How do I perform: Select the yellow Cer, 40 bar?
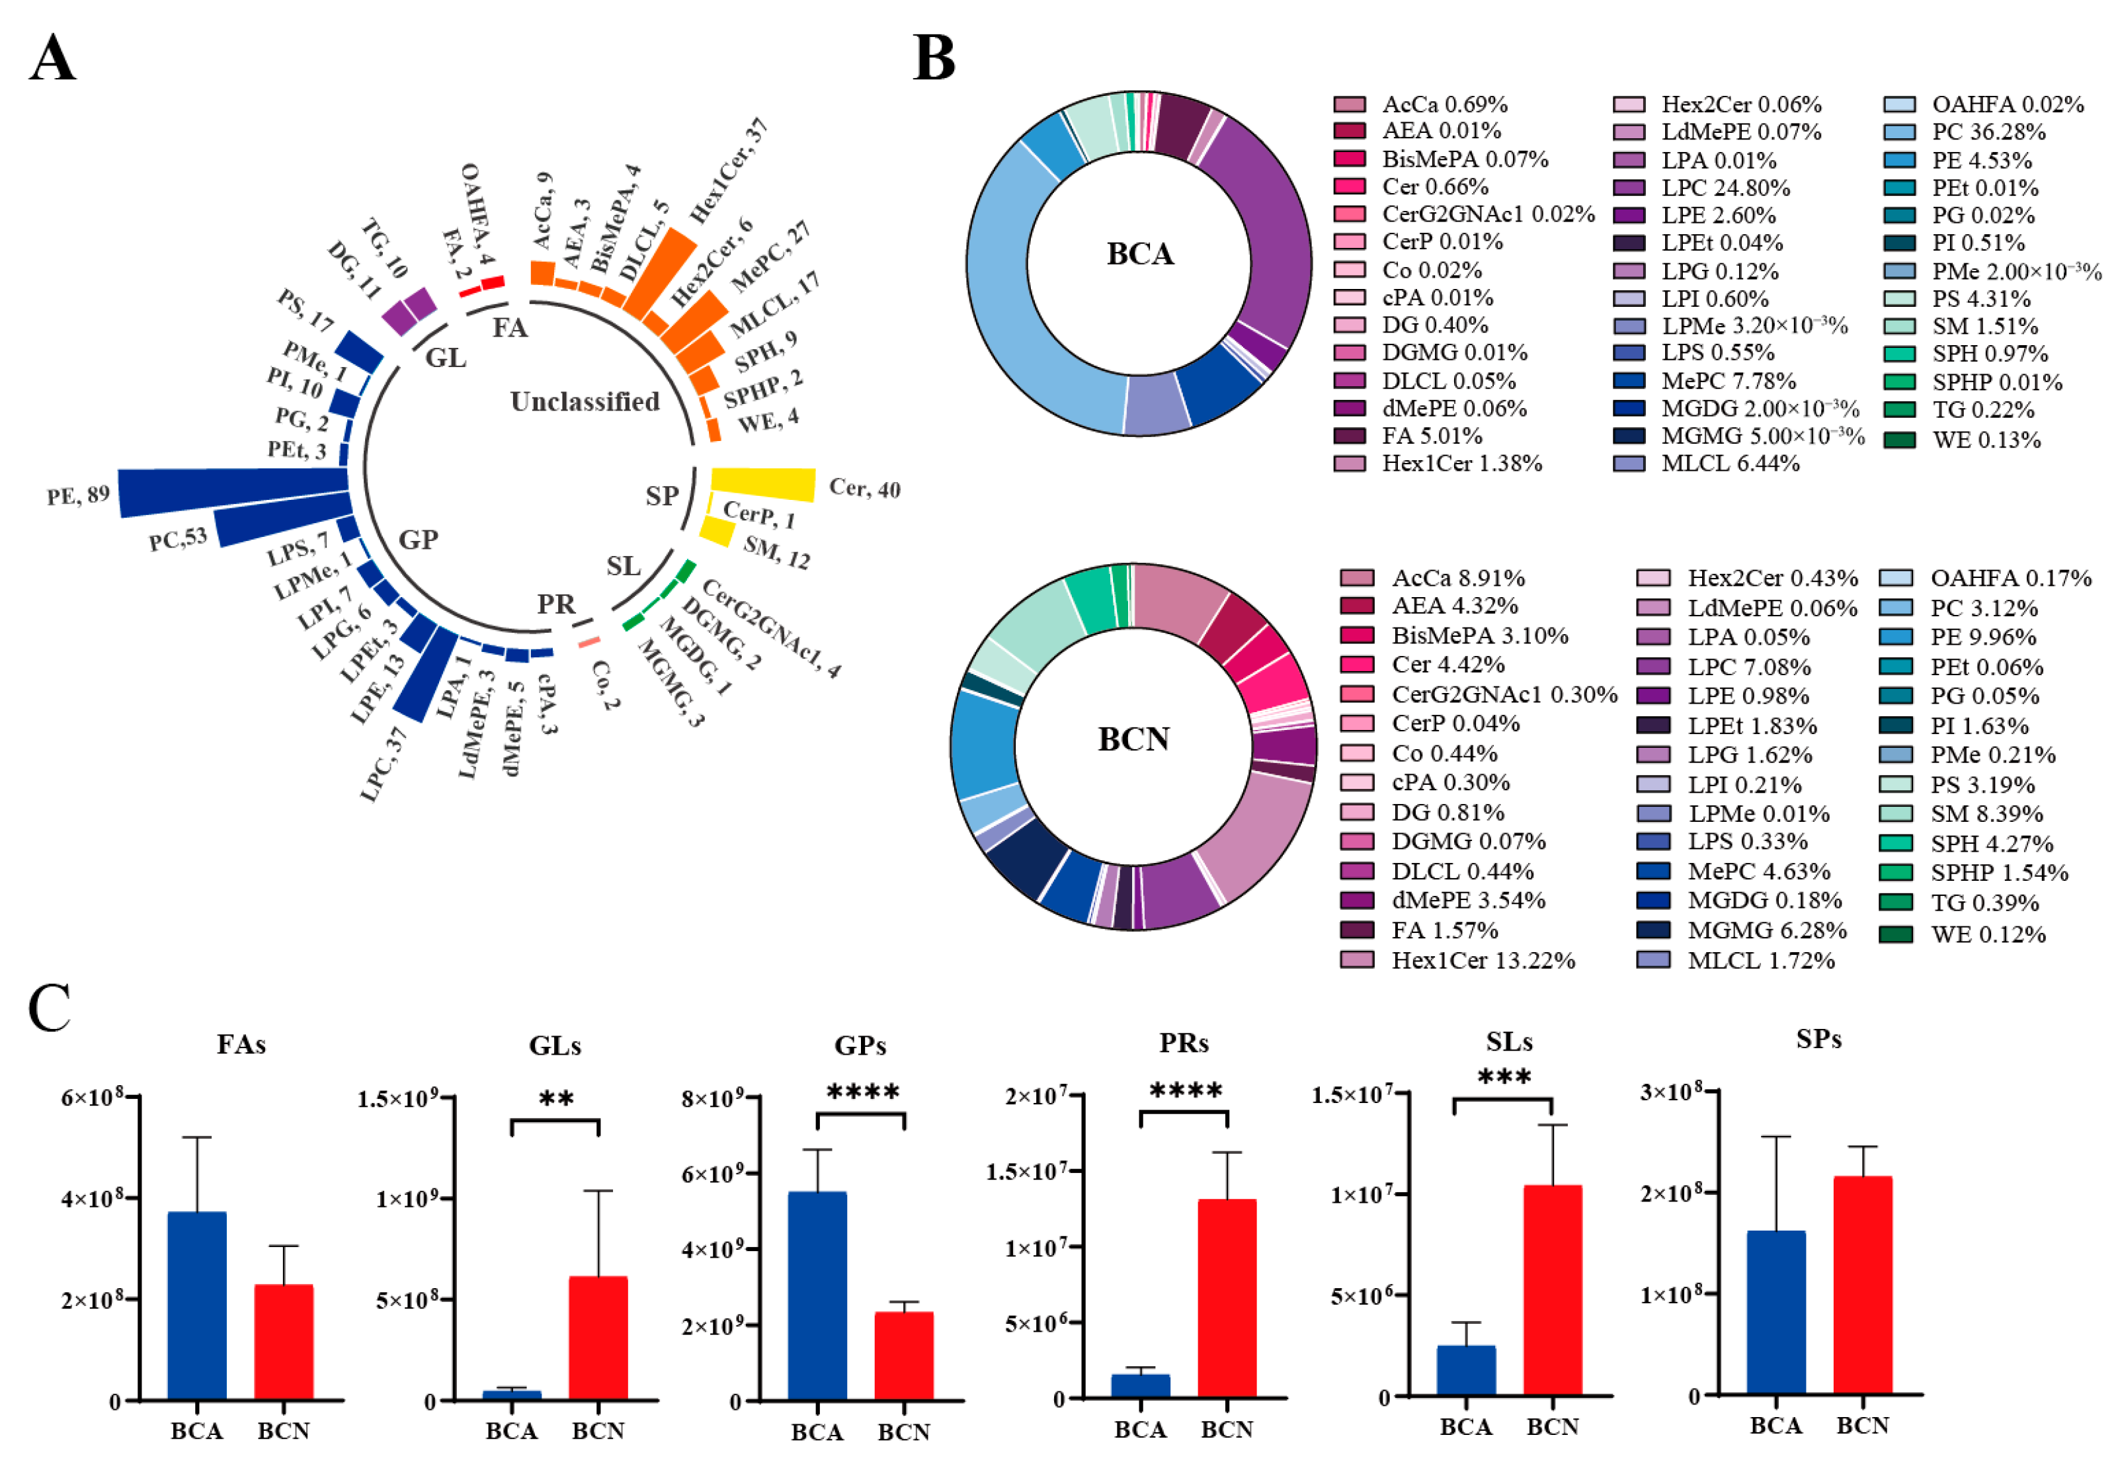tap(763, 483)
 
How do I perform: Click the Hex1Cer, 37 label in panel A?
tap(729, 171)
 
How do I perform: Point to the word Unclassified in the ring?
tap(585, 402)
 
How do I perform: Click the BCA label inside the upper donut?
tap(1139, 254)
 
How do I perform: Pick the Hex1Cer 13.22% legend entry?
tap(1457, 960)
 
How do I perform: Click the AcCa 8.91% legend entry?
tap(1432, 578)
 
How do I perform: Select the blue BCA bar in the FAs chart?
tap(196, 1306)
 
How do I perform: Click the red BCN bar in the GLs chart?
tap(598, 1338)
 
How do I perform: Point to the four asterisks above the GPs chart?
tap(862, 1092)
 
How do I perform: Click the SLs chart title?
tap(1509, 1042)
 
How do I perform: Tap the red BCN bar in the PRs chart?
tap(1227, 1299)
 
